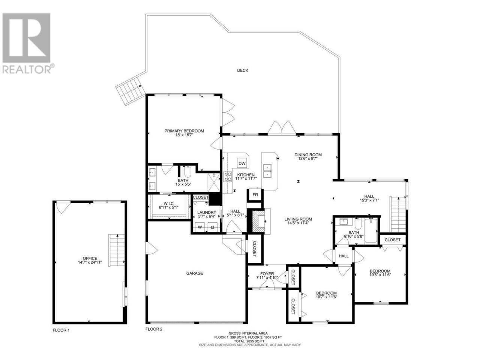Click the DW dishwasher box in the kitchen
241,163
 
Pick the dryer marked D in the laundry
213,227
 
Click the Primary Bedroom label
184,131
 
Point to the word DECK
243,70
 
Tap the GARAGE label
195,273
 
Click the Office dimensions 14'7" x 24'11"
90,262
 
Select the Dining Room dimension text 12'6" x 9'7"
308,159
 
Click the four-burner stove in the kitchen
227,177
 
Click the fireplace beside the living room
259,221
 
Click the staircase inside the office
117,250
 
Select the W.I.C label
168,204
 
